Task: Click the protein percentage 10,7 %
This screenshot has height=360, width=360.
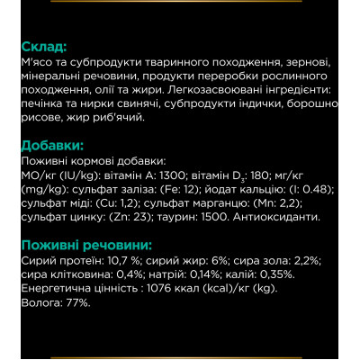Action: click(x=120, y=261)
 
